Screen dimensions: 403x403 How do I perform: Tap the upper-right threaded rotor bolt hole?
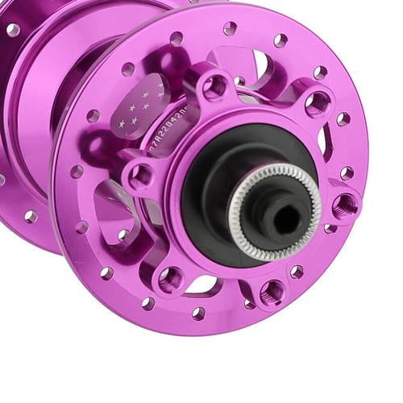317,103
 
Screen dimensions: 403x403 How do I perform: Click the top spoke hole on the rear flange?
13,30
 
